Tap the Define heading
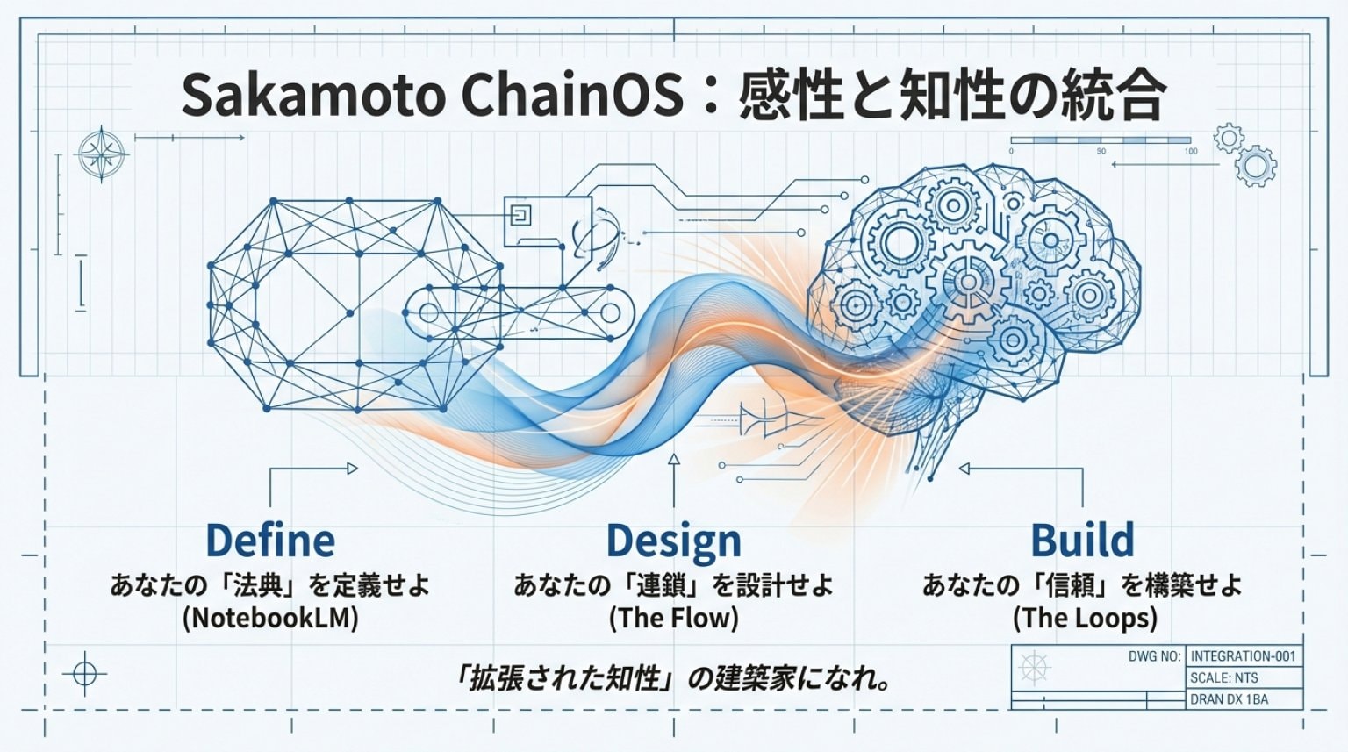(270, 540)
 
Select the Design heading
(673, 541)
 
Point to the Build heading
(1082, 540)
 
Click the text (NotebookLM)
(270, 618)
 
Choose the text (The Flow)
(673, 618)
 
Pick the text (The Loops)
(1085, 618)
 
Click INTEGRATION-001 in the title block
(1243, 656)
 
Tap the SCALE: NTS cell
(1224, 678)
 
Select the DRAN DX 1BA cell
(1229, 699)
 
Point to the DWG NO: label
(1154, 656)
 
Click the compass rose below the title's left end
(103, 154)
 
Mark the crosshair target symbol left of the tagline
(85, 674)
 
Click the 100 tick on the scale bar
(1190, 151)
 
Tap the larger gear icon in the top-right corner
(1256, 166)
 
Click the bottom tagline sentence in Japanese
(673, 678)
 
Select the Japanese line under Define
(270, 584)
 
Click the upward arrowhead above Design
(673, 459)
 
